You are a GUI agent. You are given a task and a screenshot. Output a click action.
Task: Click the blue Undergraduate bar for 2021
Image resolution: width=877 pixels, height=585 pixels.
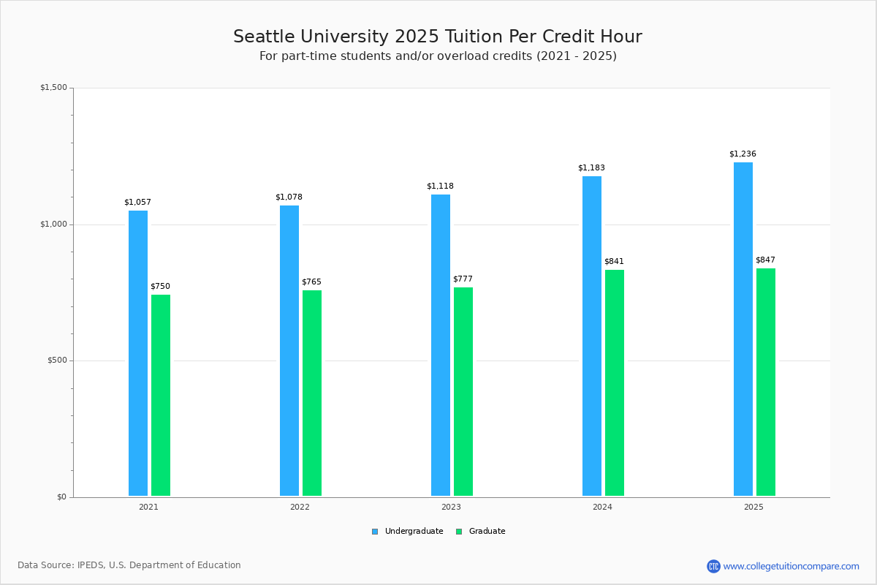(138, 353)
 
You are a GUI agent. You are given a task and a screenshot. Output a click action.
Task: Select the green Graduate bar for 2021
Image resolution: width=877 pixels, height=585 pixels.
(161, 395)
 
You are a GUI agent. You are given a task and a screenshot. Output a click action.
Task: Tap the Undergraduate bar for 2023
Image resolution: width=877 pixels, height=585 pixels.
(441, 345)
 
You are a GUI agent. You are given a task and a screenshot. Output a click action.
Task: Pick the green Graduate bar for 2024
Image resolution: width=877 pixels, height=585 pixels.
(615, 382)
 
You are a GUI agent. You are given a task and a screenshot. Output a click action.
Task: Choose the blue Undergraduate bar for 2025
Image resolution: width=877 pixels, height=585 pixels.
(743, 329)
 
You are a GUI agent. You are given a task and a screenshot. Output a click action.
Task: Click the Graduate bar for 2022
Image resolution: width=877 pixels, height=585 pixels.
(312, 393)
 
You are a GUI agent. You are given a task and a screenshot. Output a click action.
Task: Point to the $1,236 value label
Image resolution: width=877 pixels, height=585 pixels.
(743, 154)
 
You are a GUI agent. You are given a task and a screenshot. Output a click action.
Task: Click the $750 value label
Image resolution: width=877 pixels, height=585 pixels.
(160, 287)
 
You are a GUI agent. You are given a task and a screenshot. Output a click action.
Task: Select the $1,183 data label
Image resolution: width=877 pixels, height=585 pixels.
(591, 168)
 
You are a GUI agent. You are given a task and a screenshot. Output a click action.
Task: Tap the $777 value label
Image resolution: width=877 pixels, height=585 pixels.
(463, 279)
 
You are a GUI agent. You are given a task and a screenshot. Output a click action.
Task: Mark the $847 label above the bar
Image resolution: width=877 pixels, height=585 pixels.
(765, 260)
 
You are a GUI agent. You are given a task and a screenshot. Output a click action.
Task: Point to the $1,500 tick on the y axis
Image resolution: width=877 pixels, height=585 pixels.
(53, 88)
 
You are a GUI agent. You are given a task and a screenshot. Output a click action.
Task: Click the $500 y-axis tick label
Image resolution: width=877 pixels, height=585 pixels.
(57, 361)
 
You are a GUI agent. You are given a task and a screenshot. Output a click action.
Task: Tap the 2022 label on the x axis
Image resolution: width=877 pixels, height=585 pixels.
(300, 507)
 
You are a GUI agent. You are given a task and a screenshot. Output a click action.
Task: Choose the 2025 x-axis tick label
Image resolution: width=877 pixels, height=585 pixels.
(753, 507)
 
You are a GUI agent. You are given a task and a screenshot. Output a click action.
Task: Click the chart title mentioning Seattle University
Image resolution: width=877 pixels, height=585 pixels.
(438, 37)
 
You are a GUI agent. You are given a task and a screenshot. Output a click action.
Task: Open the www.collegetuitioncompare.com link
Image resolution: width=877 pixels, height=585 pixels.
(791, 566)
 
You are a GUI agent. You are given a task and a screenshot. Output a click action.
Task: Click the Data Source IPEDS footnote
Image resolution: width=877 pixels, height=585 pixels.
(129, 565)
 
